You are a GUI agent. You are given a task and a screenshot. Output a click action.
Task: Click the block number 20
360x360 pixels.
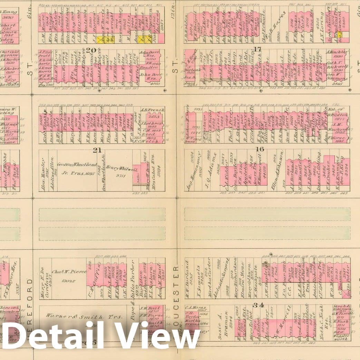(x=91, y=50)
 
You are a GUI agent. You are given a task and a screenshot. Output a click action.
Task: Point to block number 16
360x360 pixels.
(x=260, y=149)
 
